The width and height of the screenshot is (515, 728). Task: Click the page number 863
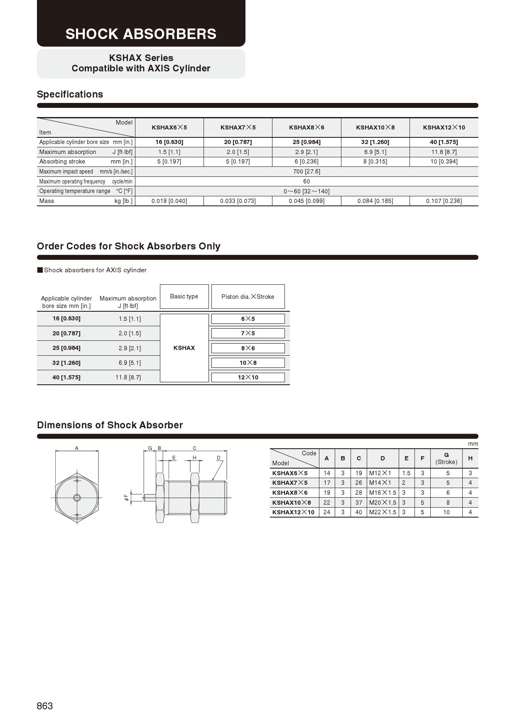click(x=45, y=706)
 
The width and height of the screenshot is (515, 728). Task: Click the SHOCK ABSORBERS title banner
click(x=141, y=34)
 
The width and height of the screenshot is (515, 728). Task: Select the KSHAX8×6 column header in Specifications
click(x=307, y=127)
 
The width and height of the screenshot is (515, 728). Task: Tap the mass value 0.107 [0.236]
click(x=444, y=201)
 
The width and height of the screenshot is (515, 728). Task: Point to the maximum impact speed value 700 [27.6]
click(x=307, y=171)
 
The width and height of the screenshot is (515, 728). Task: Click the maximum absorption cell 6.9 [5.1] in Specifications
click(x=375, y=152)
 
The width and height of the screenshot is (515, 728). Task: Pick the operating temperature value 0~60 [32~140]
click(x=307, y=191)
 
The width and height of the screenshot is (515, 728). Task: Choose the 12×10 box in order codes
click(x=248, y=377)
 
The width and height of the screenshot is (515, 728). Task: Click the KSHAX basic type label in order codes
click(x=184, y=348)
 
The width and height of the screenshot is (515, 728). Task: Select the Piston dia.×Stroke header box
click(x=248, y=297)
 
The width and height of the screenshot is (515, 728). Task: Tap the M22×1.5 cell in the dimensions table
click(x=383, y=512)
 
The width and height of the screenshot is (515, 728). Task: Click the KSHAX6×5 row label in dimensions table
click(x=290, y=473)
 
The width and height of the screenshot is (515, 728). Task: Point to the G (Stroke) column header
click(x=446, y=458)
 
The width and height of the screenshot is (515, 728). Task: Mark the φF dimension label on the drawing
click(x=126, y=497)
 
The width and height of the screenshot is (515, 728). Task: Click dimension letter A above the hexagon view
click(x=77, y=448)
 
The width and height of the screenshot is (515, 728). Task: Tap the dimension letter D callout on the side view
click(x=218, y=458)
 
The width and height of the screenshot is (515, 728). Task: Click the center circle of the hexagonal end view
click(x=77, y=498)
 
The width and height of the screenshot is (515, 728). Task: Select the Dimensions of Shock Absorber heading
click(x=110, y=425)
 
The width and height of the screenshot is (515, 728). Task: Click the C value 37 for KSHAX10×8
click(x=359, y=503)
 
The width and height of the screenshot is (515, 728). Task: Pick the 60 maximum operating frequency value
click(x=307, y=181)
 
